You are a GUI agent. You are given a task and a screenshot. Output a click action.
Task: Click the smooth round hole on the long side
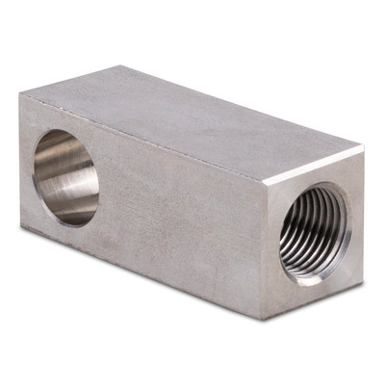65,177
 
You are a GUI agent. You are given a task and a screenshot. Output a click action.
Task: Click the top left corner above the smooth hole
21,94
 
